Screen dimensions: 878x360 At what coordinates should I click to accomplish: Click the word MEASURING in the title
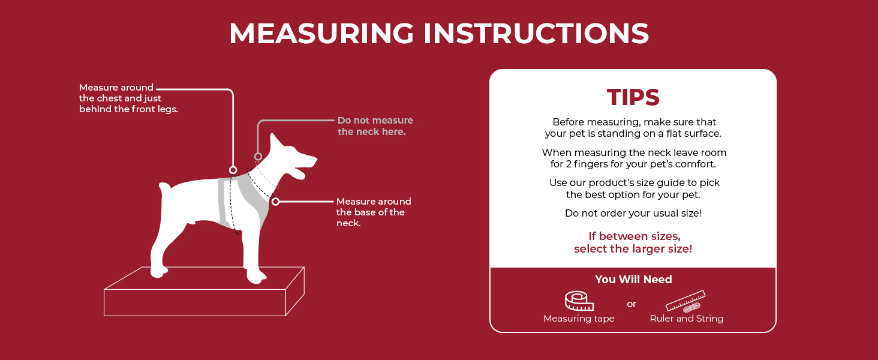coord(321,34)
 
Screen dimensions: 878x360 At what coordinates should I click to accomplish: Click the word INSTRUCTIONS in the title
coord(536,34)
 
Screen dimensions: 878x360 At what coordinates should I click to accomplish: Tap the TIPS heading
coord(633,97)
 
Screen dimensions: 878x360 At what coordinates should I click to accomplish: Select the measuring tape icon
coord(579,301)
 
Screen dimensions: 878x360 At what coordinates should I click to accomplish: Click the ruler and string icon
coord(685,301)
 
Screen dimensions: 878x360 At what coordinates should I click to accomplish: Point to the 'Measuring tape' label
coord(579,319)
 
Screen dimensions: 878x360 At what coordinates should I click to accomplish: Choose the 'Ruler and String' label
coord(686,319)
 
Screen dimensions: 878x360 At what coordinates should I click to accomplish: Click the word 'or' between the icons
coord(632,304)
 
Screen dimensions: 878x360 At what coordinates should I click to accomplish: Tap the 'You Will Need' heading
coord(633,279)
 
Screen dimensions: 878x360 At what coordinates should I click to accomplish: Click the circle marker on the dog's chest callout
coord(233,170)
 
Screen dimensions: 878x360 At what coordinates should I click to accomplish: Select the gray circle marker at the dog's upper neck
coord(258,157)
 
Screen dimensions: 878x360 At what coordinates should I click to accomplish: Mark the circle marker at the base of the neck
coord(275,202)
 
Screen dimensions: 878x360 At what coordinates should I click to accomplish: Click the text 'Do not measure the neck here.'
coord(375,126)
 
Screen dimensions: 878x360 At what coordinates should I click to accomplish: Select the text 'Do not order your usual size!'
coord(633,214)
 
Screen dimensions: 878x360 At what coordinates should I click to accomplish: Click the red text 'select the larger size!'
coord(633,248)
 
